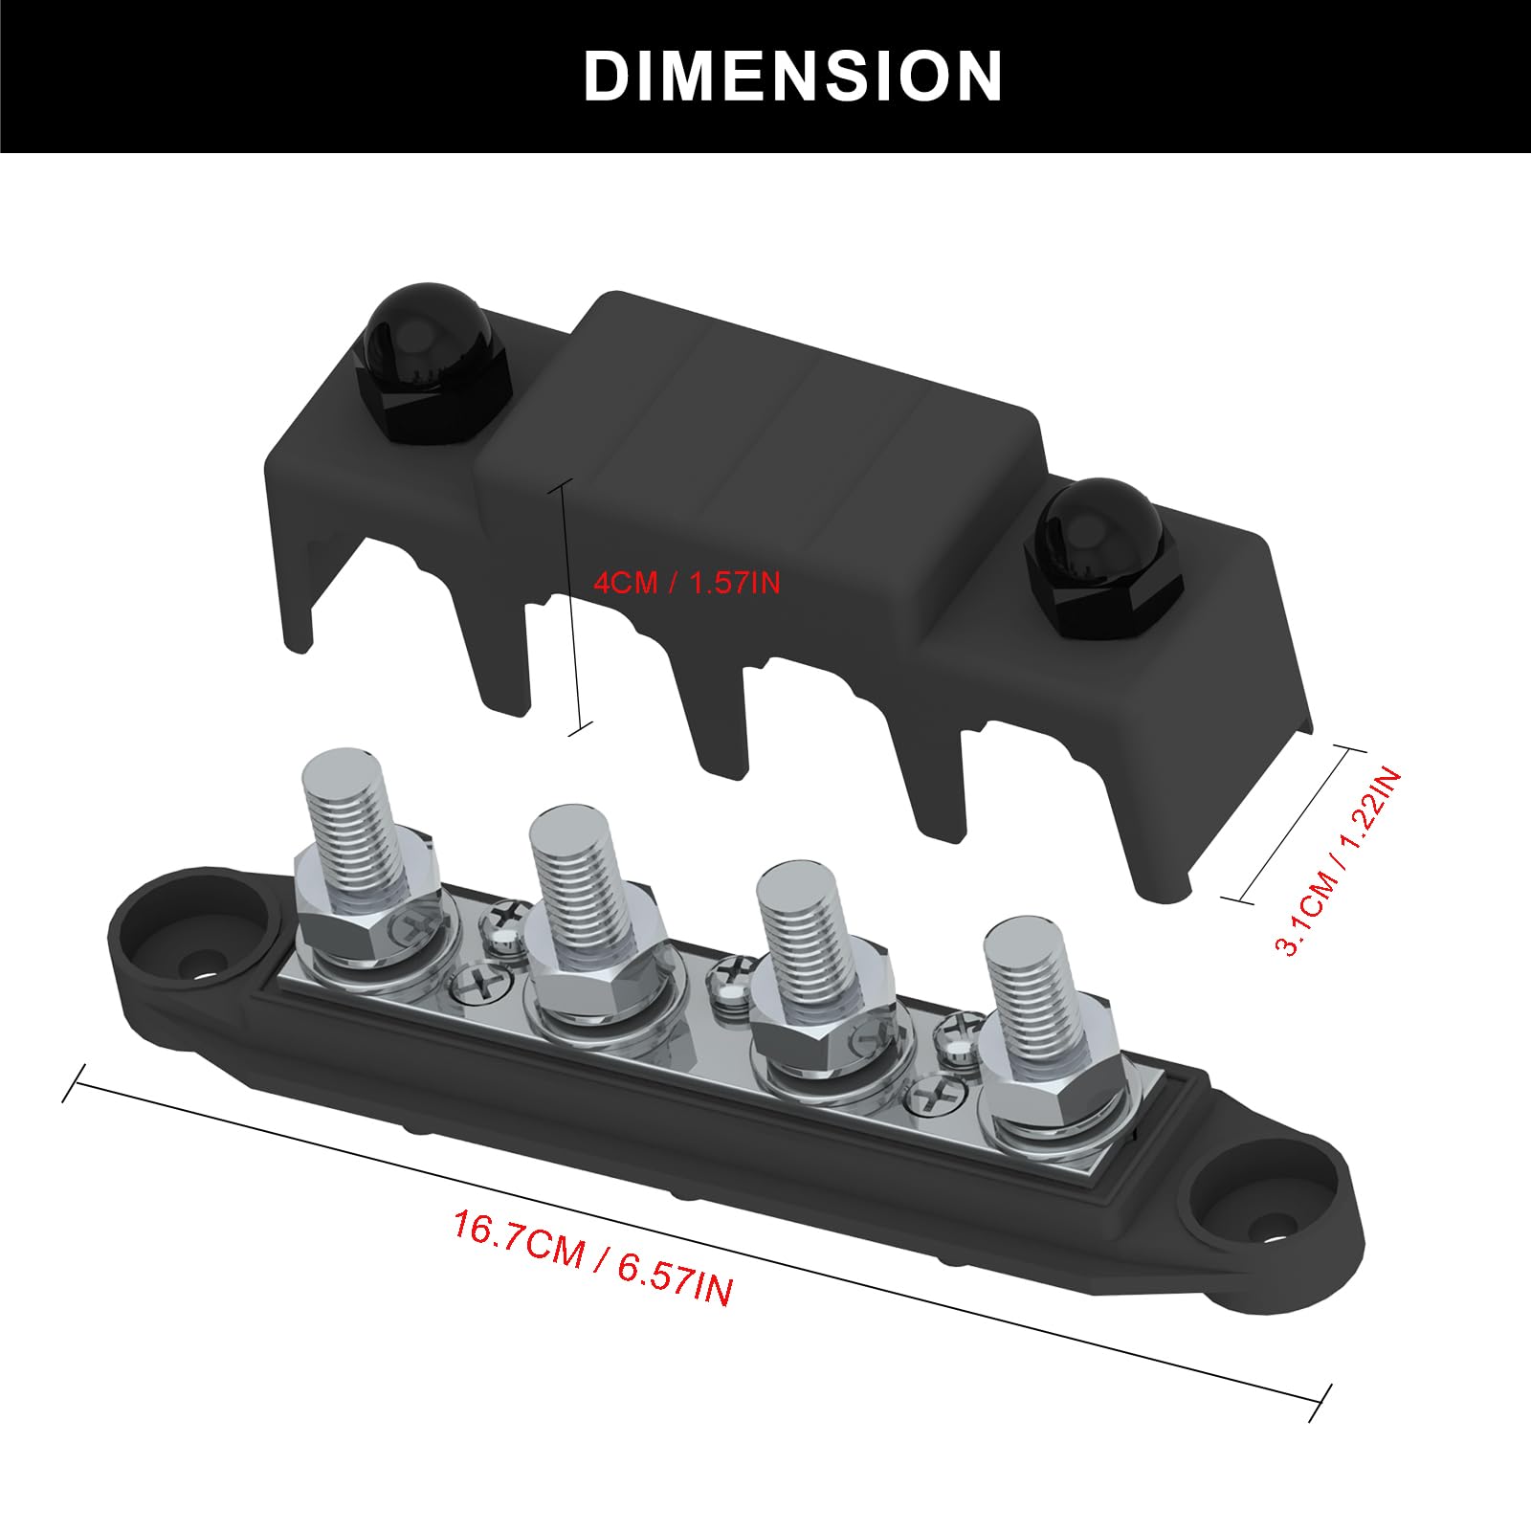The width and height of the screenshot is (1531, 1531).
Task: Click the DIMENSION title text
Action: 792,76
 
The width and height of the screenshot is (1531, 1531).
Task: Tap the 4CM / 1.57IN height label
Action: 687,583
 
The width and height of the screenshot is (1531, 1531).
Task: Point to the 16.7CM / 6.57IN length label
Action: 593,1257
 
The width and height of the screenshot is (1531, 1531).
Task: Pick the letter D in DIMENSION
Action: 610,76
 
